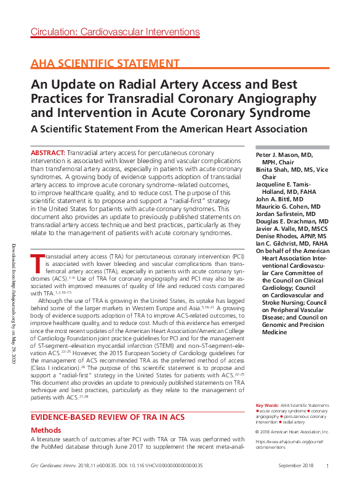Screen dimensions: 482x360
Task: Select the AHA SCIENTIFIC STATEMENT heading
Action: [105, 64]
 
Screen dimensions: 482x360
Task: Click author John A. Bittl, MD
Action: [279, 199]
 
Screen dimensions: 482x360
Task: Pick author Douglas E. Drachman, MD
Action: [292, 221]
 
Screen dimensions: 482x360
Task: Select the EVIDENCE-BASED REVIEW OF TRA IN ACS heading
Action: [108, 417]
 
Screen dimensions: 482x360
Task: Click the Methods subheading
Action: [46, 430]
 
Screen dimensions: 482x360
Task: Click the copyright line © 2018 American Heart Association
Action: [293, 432]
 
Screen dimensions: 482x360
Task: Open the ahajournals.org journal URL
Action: [290, 444]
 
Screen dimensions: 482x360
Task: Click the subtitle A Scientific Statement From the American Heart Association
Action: [169, 129]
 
